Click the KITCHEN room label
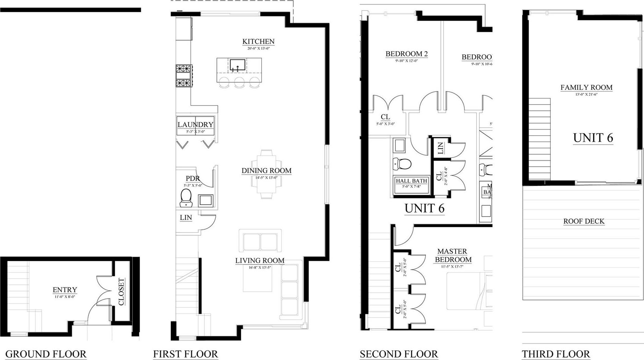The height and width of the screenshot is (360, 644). pos(258,41)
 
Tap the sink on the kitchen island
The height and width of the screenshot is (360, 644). pos(237,65)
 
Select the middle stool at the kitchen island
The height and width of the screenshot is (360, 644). pos(239,83)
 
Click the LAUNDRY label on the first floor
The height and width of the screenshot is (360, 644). pos(195,125)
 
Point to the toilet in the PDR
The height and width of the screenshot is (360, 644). pos(186,198)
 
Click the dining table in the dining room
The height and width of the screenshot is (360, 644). pos(266,174)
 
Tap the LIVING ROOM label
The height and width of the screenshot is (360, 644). pos(259,260)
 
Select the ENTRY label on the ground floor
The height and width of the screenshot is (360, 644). pos(65,290)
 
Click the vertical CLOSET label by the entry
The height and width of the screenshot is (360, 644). pos(121,291)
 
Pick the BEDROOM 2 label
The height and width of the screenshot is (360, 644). pos(407,54)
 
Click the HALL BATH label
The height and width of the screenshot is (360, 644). pos(411,181)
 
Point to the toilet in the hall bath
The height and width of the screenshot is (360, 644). pos(402,163)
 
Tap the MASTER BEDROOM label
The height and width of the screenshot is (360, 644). pos(453,255)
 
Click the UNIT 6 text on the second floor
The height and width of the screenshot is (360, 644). pos(424,208)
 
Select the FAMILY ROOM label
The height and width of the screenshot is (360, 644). pos(586,87)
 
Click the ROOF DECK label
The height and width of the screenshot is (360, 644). pos(584,221)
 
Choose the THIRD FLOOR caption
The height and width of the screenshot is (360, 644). pos(556,354)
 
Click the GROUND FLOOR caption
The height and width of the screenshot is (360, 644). pos(46,354)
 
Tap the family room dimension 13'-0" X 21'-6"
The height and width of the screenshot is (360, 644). pos(586,94)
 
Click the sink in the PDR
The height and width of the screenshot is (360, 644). pos(205,200)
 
